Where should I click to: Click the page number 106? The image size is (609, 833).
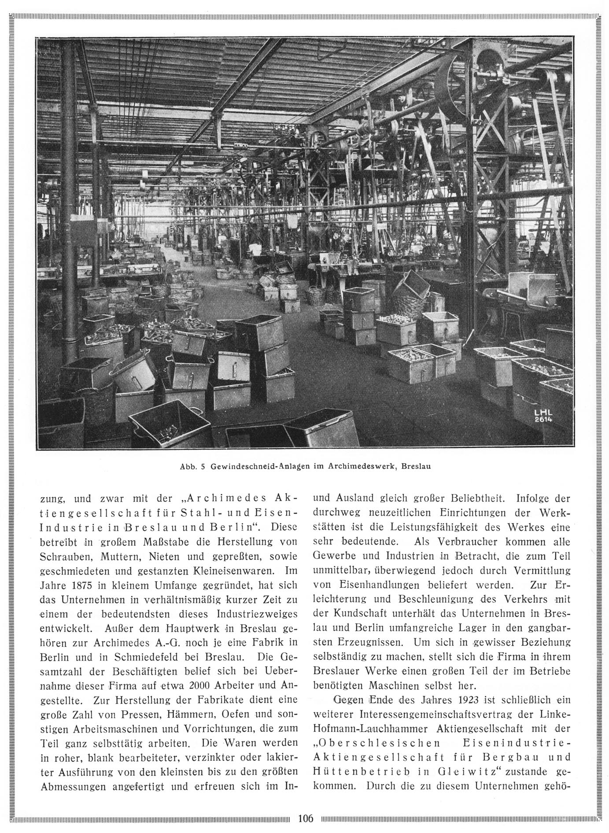tap(305, 818)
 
